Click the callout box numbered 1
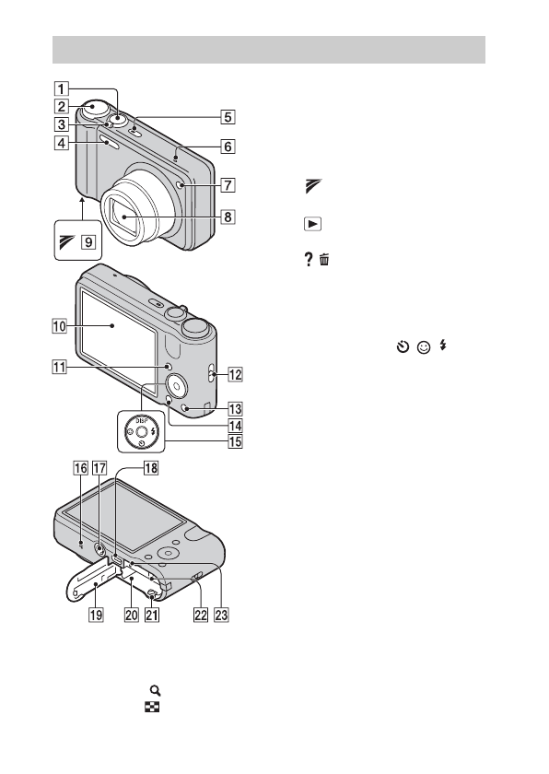pyautogui.click(x=61, y=88)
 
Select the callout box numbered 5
pyautogui.click(x=228, y=117)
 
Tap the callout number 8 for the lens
pyautogui.click(x=228, y=217)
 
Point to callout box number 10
pyautogui.click(x=59, y=326)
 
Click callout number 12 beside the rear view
pyautogui.click(x=235, y=375)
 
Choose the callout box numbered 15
pyautogui.click(x=235, y=440)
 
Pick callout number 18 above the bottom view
pyautogui.click(x=151, y=467)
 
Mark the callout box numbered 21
pyautogui.click(x=152, y=615)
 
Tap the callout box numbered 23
pyautogui.click(x=221, y=615)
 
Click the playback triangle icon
pyautogui.click(x=312, y=224)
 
